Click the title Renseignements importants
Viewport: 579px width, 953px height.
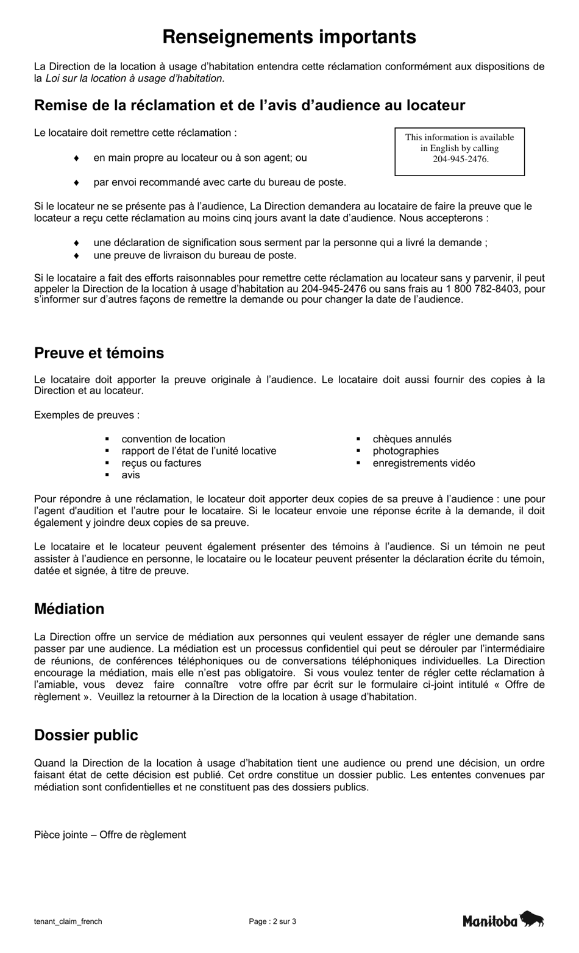289,37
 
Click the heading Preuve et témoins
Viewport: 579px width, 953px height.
99,353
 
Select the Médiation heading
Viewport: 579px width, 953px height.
69,609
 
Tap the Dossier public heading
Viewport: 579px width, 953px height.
86,735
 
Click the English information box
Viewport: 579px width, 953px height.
460,149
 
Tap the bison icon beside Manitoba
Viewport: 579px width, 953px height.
532,919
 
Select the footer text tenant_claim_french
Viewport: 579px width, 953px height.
68,922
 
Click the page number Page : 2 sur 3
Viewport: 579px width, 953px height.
272,922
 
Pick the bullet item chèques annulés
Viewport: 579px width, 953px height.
412,439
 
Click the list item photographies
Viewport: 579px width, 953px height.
405,452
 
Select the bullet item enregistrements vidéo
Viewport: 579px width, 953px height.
424,463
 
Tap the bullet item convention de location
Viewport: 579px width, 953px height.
173,439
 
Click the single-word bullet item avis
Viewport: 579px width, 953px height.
130,475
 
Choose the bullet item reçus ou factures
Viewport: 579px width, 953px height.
161,463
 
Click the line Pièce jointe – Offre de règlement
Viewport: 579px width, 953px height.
110,835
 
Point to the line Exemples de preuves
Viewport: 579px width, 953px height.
87,416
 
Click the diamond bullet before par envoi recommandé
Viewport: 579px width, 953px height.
76,182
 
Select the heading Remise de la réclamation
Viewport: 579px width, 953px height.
249,106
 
